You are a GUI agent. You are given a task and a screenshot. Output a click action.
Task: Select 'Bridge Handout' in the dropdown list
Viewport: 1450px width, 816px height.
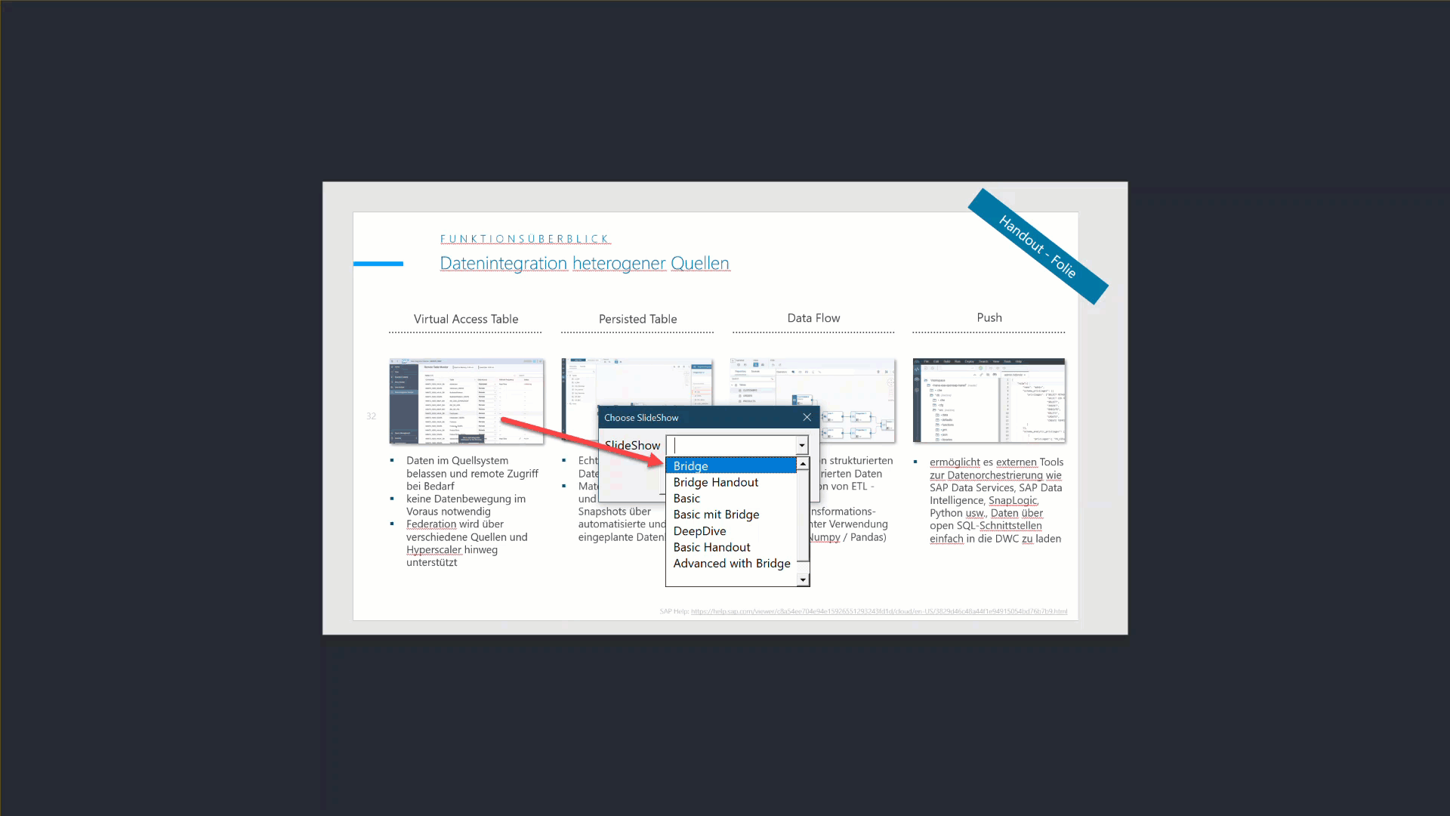715,482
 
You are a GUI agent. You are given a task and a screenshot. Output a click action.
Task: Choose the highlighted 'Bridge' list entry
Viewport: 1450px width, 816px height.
690,466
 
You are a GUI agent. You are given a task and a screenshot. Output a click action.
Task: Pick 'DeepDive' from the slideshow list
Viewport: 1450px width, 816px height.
699,531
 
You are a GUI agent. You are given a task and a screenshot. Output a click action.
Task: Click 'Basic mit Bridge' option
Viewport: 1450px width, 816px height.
716,515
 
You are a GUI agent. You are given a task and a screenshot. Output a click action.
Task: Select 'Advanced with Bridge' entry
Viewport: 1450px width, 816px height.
731,564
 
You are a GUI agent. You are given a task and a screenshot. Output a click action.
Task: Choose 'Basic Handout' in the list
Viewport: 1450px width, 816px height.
711,547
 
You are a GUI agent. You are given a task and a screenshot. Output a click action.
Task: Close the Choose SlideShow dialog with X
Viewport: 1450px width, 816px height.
807,417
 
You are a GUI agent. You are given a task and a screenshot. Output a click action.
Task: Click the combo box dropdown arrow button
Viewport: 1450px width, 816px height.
801,446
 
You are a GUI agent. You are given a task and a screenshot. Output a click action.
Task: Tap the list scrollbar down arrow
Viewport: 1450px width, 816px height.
803,580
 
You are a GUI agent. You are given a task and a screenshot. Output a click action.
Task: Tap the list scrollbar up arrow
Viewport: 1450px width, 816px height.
803,464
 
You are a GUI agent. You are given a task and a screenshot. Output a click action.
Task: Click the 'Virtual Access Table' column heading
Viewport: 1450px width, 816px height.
465,319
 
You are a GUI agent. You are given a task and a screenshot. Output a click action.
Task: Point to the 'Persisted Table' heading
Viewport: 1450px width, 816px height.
637,319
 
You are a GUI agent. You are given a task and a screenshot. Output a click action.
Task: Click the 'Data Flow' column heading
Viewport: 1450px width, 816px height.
813,318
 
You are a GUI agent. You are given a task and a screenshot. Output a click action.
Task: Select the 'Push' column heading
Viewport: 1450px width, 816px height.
989,317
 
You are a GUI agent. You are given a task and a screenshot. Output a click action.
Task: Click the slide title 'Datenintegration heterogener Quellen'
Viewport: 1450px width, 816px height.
584,263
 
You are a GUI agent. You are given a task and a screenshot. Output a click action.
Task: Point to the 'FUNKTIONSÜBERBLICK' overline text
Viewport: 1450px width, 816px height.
525,239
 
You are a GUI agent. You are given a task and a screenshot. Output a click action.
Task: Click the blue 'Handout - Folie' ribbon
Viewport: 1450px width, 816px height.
1038,246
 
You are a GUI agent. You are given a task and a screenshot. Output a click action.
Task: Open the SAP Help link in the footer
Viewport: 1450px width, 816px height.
878,611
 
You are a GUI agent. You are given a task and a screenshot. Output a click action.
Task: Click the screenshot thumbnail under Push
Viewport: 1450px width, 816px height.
989,400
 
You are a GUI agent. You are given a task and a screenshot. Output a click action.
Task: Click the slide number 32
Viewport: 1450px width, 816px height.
371,416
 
